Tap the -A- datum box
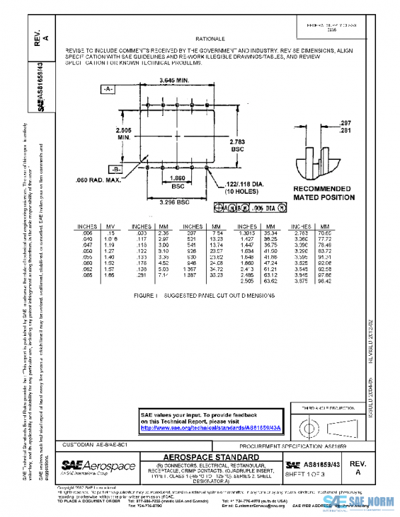108,89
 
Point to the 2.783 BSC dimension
238,145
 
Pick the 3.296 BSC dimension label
175,202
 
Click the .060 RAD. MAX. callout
99,180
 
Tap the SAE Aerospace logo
98,466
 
